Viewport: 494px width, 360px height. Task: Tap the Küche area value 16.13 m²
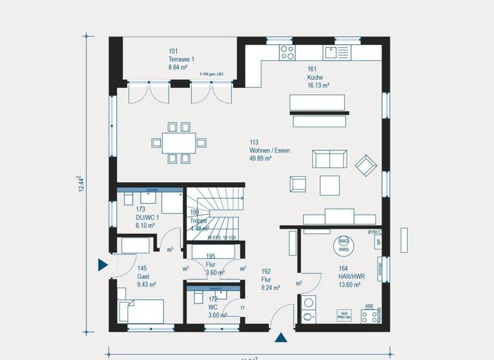318,85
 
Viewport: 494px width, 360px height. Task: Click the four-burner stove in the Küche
287,52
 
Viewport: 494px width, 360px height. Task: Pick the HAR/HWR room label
351,276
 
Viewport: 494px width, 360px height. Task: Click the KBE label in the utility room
369,306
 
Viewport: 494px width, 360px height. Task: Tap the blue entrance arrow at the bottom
281,337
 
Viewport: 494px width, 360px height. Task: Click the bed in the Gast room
142,311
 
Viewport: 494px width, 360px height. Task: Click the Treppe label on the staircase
199,221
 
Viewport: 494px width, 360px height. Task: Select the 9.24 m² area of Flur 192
271,289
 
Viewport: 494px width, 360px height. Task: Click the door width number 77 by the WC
242,309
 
